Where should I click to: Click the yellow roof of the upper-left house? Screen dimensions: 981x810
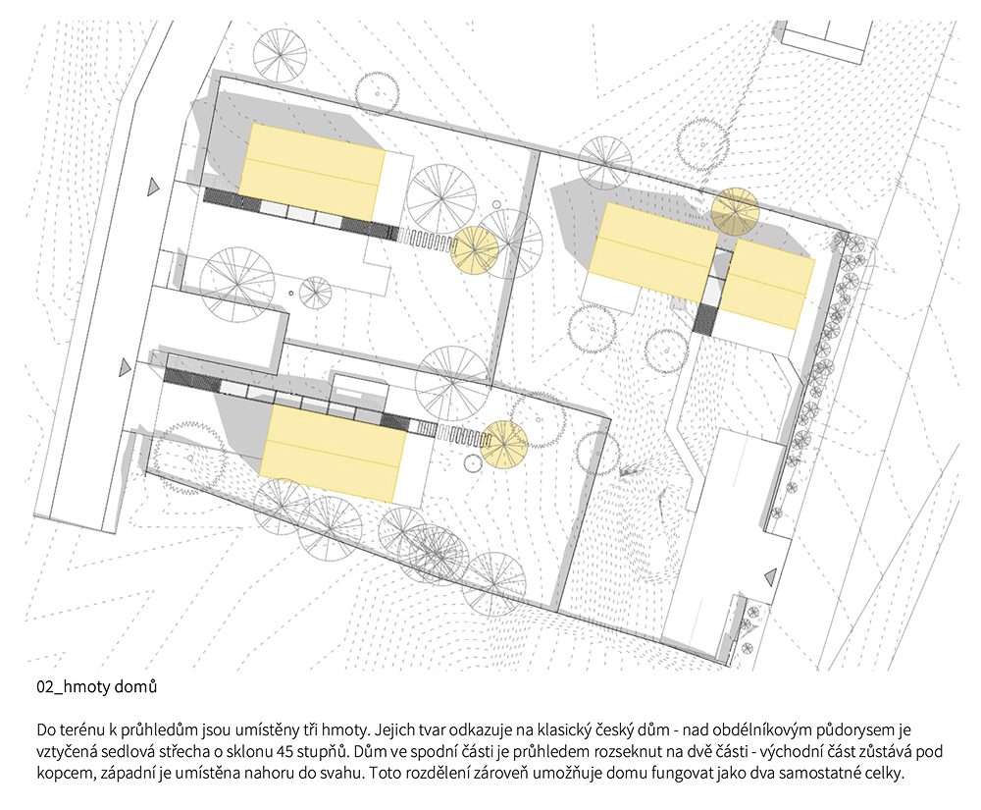click(x=312, y=172)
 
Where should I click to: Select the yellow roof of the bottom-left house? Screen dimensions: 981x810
click(x=333, y=454)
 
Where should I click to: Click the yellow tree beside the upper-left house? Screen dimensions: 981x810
click(x=475, y=250)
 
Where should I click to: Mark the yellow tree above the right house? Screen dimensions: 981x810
click(x=735, y=211)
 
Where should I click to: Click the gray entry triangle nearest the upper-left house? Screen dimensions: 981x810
click(x=153, y=187)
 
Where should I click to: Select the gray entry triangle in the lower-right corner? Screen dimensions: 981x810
click(x=771, y=576)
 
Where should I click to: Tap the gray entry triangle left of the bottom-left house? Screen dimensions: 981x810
click(x=126, y=367)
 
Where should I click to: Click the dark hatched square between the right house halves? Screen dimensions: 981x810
click(x=705, y=319)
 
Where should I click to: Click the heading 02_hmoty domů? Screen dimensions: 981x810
click(x=96, y=686)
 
